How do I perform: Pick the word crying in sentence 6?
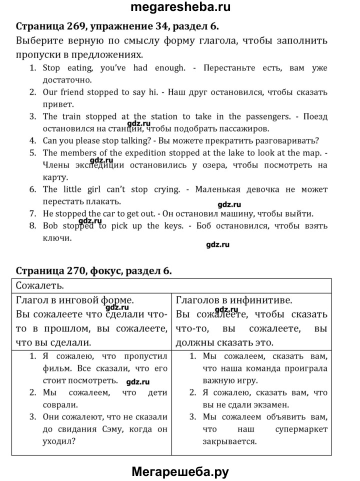165,189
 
